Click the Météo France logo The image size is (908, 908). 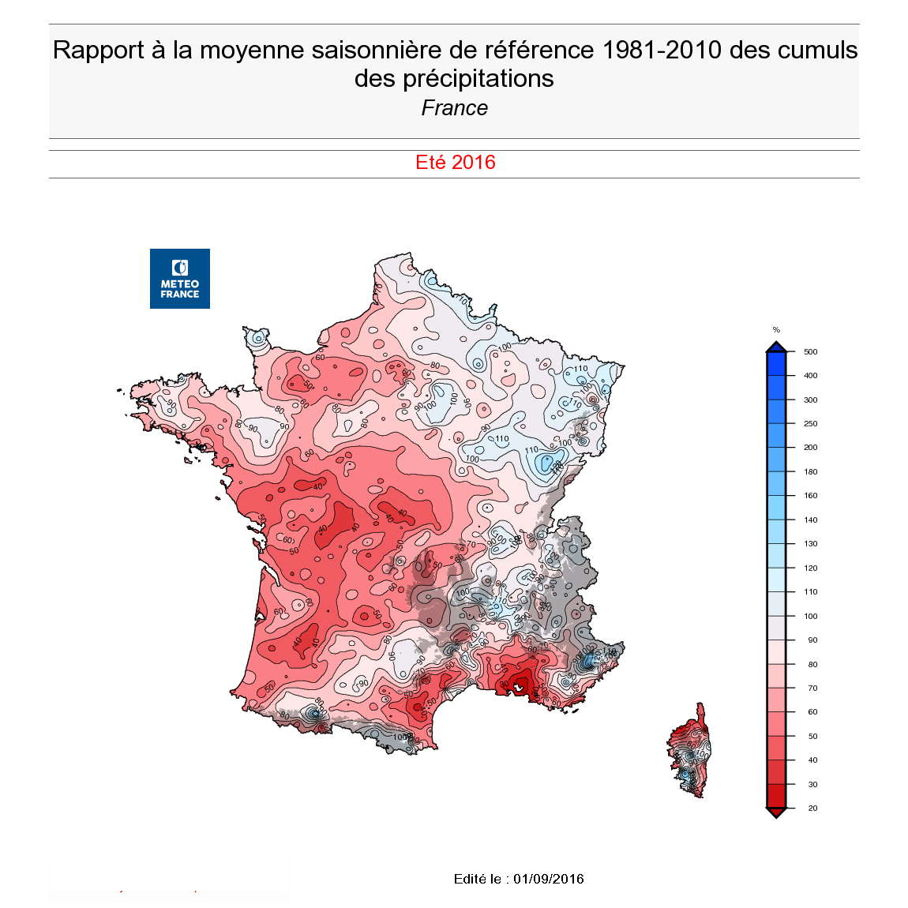point(180,279)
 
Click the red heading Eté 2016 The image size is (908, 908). point(456,163)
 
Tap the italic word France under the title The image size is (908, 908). point(455,108)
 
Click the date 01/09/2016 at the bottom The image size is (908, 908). point(549,879)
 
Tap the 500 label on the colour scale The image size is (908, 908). point(811,352)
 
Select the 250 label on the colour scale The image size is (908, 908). point(811,424)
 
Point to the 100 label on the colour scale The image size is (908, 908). point(811,617)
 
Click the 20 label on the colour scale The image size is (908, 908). point(812,809)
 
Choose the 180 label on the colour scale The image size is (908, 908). point(811,472)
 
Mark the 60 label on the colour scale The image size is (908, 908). point(812,712)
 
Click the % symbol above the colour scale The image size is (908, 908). point(776,330)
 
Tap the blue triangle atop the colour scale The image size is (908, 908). point(776,347)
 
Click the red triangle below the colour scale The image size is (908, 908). point(776,813)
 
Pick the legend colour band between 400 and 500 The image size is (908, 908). point(776,363)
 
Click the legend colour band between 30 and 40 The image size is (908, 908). point(776,772)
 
